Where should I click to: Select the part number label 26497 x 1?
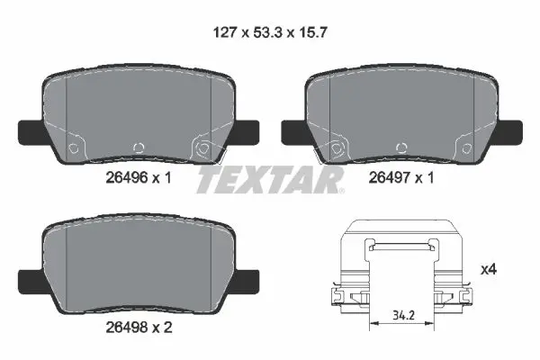pos(400,179)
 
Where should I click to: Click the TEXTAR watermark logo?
pos(270,179)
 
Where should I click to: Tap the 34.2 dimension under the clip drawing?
pos(403,316)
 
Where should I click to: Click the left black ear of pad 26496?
pos(31,130)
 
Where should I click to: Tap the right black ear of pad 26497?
pos(509,130)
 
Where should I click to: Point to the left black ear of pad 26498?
pos(31,279)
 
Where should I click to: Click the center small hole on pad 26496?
pos(138,148)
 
